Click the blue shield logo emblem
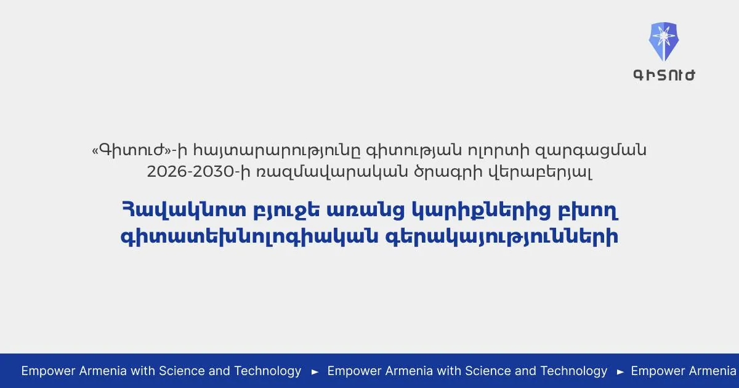pyautogui.click(x=664, y=42)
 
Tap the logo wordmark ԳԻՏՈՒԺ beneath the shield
pyautogui.click(x=664, y=75)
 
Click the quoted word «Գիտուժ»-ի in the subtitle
pyautogui.click(x=140, y=150)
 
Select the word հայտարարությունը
pyautogui.click(x=277, y=151)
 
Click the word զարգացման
pyautogui.click(x=591, y=151)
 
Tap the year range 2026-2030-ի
pyautogui.click(x=198, y=172)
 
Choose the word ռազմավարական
pyautogui.click(x=332, y=172)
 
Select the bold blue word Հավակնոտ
pyautogui.click(x=184, y=210)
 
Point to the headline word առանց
pyautogui.click(x=366, y=211)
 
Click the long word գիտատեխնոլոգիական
pyautogui.click(x=249, y=237)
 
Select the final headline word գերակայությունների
pyautogui.click(x=501, y=237)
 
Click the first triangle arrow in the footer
pyautogui.click(x=315, y=372)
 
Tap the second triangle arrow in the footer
pyautogui.click(x=620, y=372)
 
